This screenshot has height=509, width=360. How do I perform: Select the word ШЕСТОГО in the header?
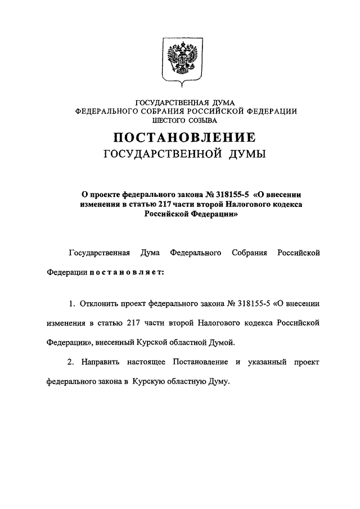[161, 120]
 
